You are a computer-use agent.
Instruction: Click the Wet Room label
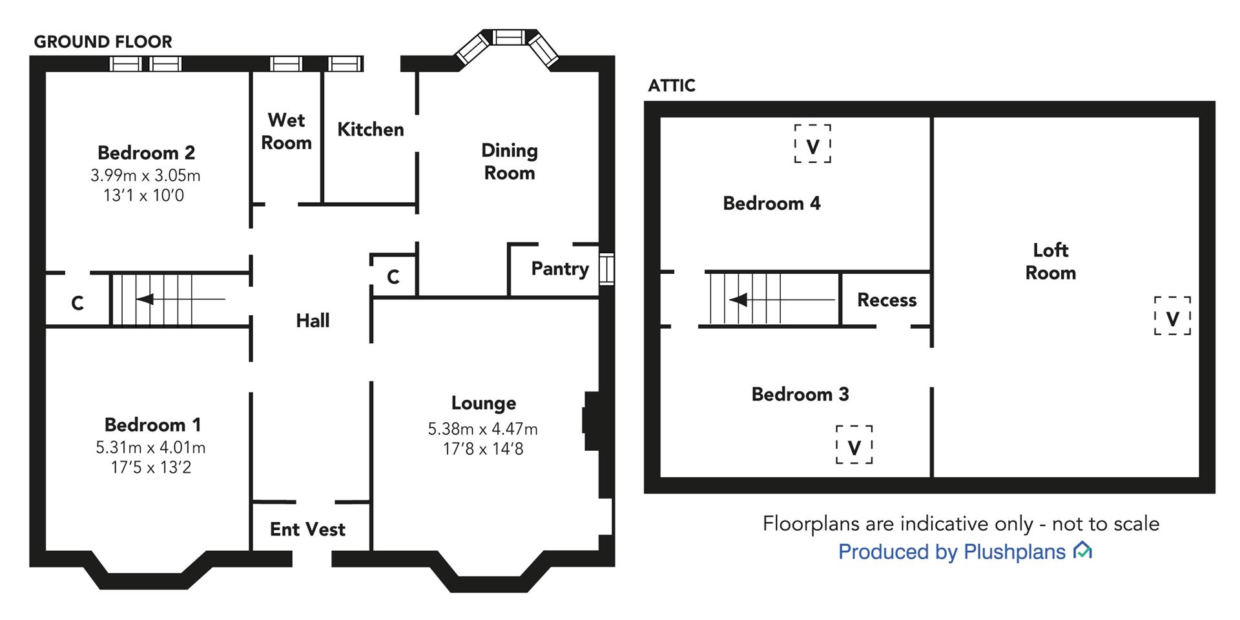click(286, 131)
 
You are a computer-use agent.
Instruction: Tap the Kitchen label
click(371, 129)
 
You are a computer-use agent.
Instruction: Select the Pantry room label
click(560, 269)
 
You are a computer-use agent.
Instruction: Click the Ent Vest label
click(307, 530)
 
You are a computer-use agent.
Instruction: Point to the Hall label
click(313, 320)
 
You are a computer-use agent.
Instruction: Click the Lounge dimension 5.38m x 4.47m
click(482, 429)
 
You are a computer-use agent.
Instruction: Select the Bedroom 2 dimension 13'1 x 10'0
click(143, 195)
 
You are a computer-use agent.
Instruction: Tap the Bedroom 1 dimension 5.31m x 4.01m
click(150, 448)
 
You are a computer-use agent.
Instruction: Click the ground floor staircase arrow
click(181, 300)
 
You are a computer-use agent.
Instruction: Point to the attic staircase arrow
click(782, 300)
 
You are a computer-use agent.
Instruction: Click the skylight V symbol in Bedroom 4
click(812, 143)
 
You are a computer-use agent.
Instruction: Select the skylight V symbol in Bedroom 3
click(854, 445)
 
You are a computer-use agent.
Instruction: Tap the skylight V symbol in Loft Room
click(1172, 316)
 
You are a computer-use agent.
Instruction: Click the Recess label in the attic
click(887, 300)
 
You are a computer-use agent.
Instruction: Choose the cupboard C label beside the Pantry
click(393, 277)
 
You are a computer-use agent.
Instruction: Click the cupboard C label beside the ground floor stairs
click(77, 303)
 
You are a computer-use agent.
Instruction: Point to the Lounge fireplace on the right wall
click(590, 420)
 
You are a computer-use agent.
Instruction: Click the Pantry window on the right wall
click(607, 269)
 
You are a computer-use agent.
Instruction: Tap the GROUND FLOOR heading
click(103, 42)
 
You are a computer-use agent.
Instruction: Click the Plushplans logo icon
click(1082, 551)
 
